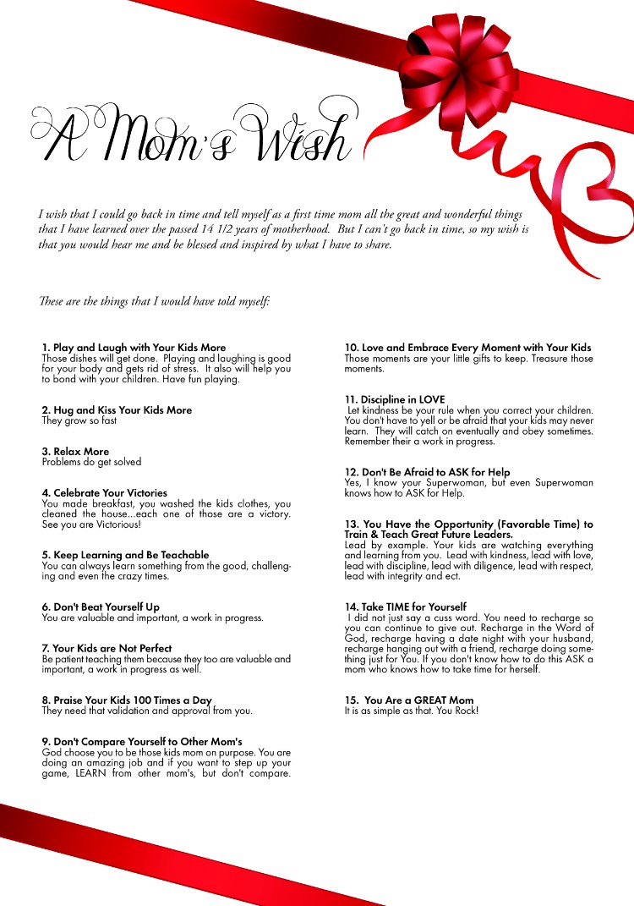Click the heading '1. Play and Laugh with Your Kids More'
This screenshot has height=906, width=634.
click(x=134, y=348)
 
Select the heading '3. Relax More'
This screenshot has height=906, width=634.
click(x=75, y=452)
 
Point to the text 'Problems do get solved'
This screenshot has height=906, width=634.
click(x=91, y=462)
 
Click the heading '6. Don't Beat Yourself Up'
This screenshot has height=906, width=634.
click(x=101, y=607)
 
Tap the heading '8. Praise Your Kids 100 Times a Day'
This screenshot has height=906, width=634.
click(x=126, y=700)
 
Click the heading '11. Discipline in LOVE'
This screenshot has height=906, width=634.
click(x=394, y=399)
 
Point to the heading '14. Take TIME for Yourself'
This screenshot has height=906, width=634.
click(x=405, y=607)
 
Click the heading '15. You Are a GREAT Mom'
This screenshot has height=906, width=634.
click(x=408, y=700)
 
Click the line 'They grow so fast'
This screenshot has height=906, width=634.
click(x=79, y=420)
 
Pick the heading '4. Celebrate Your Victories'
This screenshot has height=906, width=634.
click(x=104, y=493)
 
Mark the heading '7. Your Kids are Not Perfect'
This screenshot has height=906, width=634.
click(x=107, y=649)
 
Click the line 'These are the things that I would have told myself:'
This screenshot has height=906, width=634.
click(x=154, y=301)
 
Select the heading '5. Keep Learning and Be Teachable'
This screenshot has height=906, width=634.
click(x=125, y=555)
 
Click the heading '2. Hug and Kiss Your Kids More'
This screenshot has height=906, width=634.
click(x=117, y=410)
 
